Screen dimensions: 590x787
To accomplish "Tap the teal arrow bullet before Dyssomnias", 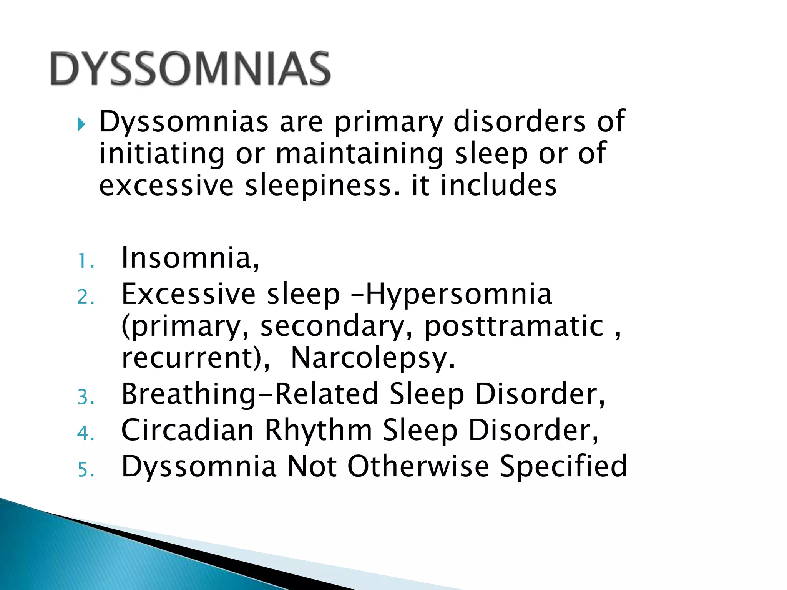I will [x=81, y=124].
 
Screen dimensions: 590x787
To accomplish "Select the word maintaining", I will [x=359, y=154].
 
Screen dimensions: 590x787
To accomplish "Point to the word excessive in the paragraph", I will [x=166, y=186].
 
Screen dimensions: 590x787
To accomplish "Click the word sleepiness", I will [x=323, y=186].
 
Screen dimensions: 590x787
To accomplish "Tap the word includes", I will [x=498, y=186].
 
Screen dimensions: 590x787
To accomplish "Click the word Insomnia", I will [x=190, y=258].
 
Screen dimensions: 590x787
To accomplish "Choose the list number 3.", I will [x=85, y=397].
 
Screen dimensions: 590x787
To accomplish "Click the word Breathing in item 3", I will [x=188, y=395].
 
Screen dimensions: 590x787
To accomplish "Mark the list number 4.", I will [x=85, y=433].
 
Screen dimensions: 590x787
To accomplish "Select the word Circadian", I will [x=188, y=430].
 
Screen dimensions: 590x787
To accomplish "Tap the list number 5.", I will [x=85, y=469].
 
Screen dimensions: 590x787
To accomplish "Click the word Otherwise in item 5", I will [x=418, y=466].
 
